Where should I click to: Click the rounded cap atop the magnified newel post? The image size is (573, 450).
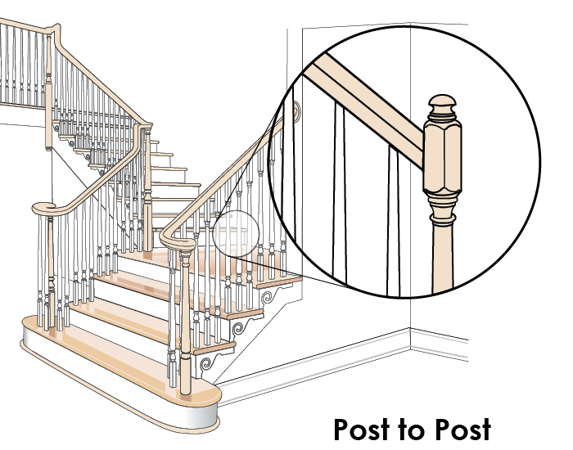pyautogui.click(x=441, y=106)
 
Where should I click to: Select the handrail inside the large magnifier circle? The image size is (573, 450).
pyautogui.click(x=368, y=106)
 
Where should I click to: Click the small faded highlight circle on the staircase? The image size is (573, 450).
pyautogui.click(x=236, y=231)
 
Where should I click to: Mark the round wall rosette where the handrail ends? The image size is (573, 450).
pyautogui.click(x=294, y=111)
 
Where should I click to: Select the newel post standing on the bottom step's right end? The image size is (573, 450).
pyautogui.click(x=185, y=319)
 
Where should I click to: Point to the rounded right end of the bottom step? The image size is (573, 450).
pyautogui.click(x=205, y=405)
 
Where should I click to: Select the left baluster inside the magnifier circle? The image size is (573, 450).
pyautogui.click(x=340, y=188)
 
